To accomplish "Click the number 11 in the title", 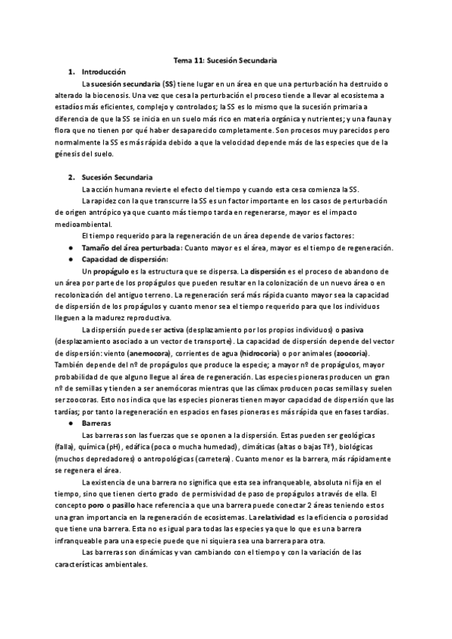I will coord(202,60).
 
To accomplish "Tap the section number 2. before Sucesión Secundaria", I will coord(70,177).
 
